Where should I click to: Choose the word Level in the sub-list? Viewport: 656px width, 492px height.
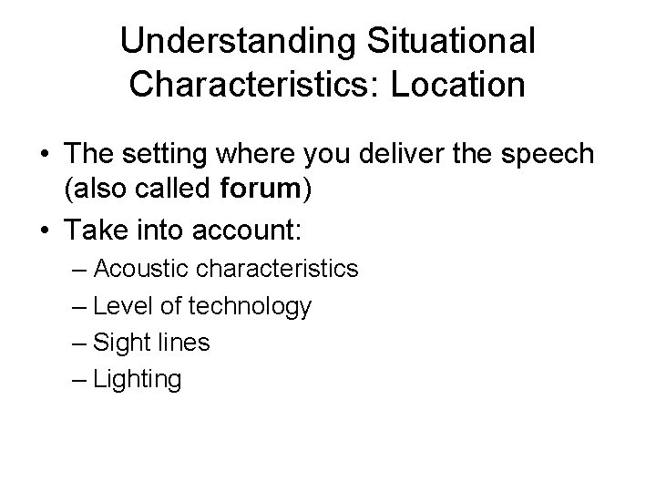click(x=119, y=307)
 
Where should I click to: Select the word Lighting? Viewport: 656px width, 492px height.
click(x=138, y=380)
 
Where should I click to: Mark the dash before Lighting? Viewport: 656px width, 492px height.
click(x=78, y=379)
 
